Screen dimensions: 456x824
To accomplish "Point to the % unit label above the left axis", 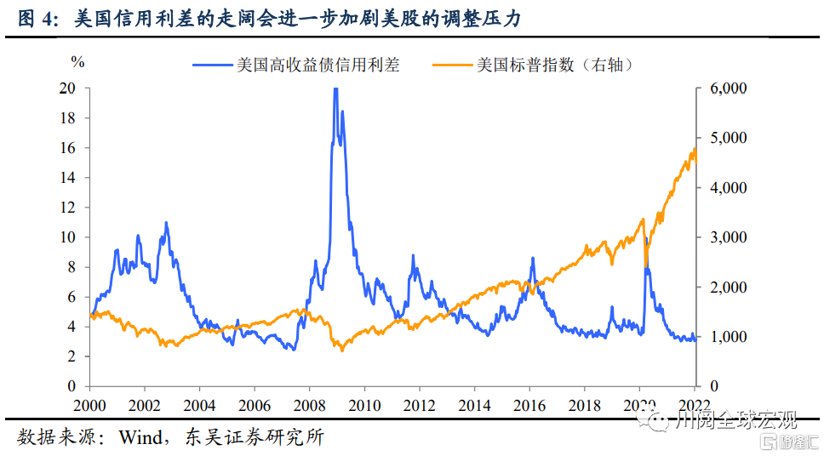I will [77, 61].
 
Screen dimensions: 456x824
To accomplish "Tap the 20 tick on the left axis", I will [68, 88].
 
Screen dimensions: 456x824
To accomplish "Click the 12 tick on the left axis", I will [68, 208].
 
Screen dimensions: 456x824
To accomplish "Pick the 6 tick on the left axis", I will [72, 297].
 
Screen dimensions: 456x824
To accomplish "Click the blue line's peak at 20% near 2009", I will [335, 89].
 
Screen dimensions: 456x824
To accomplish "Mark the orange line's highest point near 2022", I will [695, 150].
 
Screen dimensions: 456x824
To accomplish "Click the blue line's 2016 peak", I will [533, 258].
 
